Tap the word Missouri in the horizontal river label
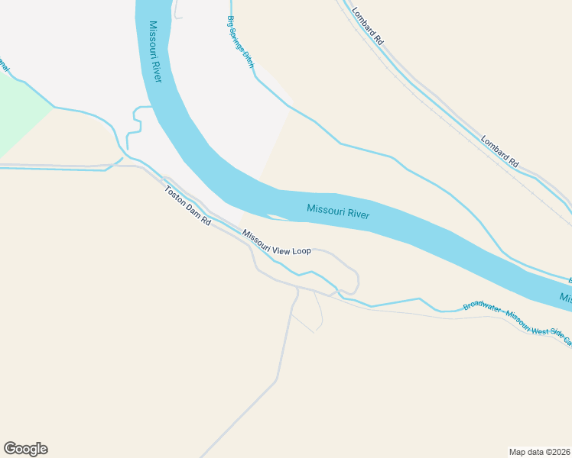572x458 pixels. tap(326, 209)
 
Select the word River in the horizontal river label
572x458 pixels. tap(359, 214)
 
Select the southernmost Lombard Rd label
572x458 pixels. tap(500, 151)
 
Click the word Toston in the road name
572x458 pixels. tap(175, 195)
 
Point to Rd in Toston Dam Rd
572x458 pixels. tap(206, 221)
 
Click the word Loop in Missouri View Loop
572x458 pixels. tap(302, 250)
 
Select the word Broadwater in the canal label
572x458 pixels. tap(483, 309)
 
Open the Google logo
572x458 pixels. tap(25, 449)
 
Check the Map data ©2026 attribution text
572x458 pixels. tap(539, 451)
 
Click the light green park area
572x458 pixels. tap(19, 114)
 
